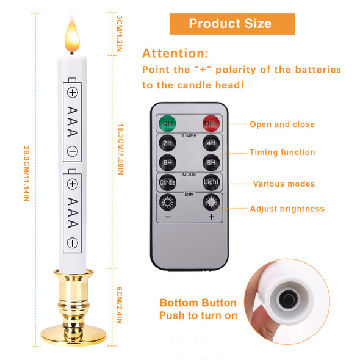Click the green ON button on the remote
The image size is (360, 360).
(166, 123)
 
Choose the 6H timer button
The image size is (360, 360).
(167, 163)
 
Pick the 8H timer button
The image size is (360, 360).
(211, 163)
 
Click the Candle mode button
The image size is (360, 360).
(167, 182)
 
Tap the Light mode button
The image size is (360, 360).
(211, 182)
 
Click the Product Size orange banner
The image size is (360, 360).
(230, 24)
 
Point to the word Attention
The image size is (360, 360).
(175, 53)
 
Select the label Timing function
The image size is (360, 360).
(283, 153)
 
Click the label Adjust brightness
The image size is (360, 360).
(287, 209)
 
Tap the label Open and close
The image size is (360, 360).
(282, 124)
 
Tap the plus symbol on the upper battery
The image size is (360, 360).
(73, 93)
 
